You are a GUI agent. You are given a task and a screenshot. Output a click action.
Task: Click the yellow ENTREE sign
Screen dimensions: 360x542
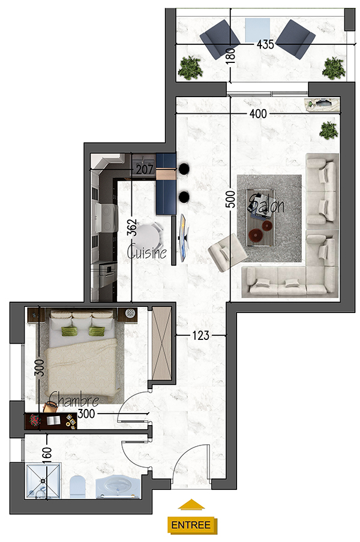(x=192, y=525)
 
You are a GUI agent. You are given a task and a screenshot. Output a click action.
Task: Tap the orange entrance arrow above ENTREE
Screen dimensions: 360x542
(x=191, y=505)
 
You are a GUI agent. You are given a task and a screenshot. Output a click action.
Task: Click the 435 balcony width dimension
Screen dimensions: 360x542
(x=265, y=44)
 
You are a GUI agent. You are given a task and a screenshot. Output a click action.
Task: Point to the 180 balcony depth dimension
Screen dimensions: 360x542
(x=230, y=56)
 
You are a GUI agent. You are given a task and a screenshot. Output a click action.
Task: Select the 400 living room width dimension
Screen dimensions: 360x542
(x=259, y=113)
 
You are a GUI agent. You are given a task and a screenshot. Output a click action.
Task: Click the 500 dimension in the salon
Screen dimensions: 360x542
(x=230, y=200)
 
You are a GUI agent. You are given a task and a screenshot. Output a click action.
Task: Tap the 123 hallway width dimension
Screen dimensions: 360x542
(x=201, y=335)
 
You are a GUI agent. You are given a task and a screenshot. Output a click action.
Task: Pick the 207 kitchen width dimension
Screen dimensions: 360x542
(x=145, y=169)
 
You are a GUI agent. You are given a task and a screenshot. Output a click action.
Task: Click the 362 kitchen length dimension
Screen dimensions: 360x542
(x=132, y=228)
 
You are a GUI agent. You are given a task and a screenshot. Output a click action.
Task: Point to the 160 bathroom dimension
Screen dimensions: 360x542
(x=47, y=455)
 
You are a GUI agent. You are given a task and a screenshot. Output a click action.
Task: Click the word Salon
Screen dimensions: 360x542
(x=266, y=204)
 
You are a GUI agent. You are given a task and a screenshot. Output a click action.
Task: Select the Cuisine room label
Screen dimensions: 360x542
(x=146, y=251)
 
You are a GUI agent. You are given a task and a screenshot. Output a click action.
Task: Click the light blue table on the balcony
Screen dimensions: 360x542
(x=257, y=30)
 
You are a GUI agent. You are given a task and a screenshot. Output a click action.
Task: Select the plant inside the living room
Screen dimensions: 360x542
(x=329, y=130)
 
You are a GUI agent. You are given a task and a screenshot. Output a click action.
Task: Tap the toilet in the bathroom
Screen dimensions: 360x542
(x=77, y=487)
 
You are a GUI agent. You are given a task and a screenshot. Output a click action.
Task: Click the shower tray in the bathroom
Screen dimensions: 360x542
(x=43, y=481)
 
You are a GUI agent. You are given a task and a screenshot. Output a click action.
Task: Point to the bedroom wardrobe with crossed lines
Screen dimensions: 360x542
(x=162, y=344)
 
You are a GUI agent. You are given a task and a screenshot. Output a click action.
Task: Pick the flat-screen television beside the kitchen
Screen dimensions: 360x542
(x=183, y=237)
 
